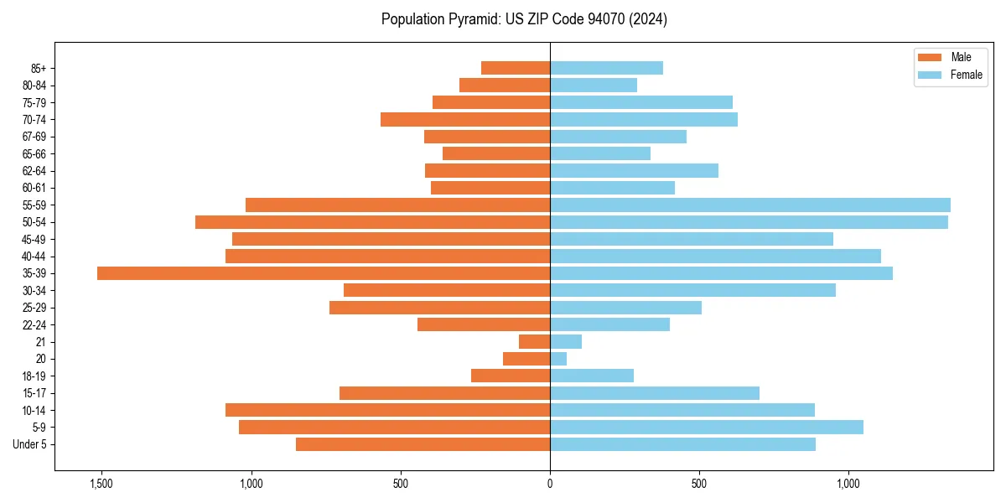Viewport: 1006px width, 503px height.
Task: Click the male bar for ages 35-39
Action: [x=324, y=273]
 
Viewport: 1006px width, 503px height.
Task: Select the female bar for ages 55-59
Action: [x=750, y=205]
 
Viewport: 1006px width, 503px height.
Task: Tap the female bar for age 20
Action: [x=558, y=359]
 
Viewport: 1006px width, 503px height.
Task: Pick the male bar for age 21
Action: [x=535, y=342]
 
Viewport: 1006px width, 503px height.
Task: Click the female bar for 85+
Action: [x=606, y=68]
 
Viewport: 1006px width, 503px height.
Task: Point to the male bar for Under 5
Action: [x=423, y=444]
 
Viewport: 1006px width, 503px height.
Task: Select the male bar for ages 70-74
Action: [x=465, y=120]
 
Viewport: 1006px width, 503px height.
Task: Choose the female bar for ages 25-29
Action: [x=625, y=308]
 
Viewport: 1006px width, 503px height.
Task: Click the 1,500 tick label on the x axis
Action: [x=101, y=484]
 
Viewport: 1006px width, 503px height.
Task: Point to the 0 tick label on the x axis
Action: [x=550, y=484]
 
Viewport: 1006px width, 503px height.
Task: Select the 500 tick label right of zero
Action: [x=699, y=484]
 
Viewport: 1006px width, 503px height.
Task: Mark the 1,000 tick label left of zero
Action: [x=251, y=484]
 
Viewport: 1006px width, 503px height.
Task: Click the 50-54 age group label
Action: [x=34, y=222]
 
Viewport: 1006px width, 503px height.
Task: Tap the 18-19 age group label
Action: [x=34, y=376]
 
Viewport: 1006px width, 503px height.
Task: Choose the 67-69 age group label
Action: [x=34, y=137]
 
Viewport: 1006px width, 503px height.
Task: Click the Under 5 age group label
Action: [x=30, y=444]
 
